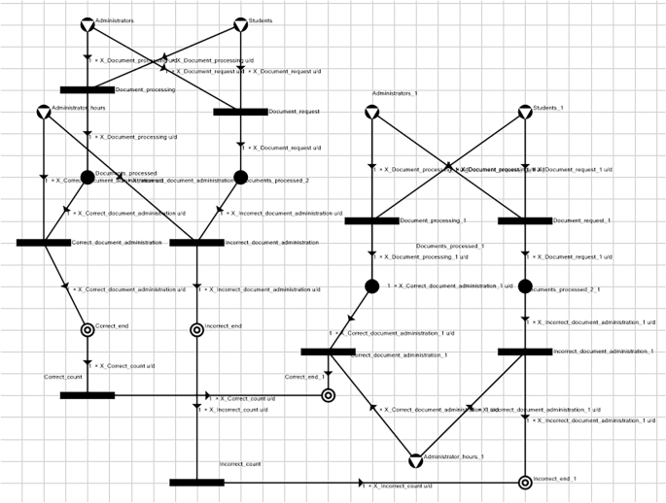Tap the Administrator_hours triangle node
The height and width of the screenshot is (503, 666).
click(x=44, y=112)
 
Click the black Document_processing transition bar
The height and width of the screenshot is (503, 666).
click(x=88, y=90)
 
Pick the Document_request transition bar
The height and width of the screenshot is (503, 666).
click(x=240, y=112)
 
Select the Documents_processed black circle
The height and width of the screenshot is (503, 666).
click(x=88, y=177)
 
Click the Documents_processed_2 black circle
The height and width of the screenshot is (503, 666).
click(x=241, y=177)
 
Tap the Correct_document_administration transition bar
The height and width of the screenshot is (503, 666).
click(x=44, y=242)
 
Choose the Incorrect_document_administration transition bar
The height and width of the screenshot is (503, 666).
click(x=196, y=242)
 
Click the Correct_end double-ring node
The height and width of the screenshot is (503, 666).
click(x=88, y=330)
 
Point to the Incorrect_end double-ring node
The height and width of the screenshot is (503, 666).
click(x=196, y=330)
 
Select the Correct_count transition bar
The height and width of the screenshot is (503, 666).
click(x=88, y=395)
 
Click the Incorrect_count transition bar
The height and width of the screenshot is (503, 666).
click(x=196, y=482)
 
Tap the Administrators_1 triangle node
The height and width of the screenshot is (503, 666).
click(x=371, y=113)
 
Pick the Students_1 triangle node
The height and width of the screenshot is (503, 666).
click(x=525, y=113)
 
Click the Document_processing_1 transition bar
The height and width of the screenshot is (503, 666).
click(x=371, y=220)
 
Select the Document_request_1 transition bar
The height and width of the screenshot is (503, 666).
click(x=525, y=220)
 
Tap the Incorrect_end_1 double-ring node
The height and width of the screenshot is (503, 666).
click(x=525, y=482)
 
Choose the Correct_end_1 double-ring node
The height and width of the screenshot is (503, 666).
click(x=328, y=395)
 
